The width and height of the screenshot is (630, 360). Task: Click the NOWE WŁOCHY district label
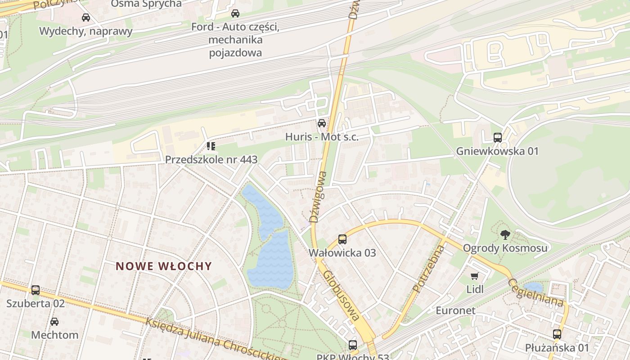(164, 266)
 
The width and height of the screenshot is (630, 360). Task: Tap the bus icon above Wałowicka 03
(342, 239)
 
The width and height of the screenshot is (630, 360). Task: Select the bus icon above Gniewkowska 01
(497, 138)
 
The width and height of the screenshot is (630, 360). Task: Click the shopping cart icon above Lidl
(475, 276)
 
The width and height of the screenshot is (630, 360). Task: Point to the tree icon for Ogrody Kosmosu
(505, 234)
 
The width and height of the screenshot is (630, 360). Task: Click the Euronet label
(455, 310)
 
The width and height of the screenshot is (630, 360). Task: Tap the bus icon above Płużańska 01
(557, 334)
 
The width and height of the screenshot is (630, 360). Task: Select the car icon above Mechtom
(54, 322)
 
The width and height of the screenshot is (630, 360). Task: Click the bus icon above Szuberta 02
(36, 290)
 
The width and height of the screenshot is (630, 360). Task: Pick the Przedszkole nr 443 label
(211, 159)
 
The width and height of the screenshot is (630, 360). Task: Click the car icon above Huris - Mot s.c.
(322, 123)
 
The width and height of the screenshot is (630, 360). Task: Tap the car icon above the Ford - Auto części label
(235, 13)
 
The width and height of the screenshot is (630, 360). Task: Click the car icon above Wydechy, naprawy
(85, 18)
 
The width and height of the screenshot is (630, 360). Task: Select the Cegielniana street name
(535, 292)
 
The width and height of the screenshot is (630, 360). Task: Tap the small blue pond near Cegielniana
(533, 287)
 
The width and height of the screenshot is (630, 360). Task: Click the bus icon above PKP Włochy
(353, 345)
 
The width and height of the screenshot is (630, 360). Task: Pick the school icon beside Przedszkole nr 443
(211, 146)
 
